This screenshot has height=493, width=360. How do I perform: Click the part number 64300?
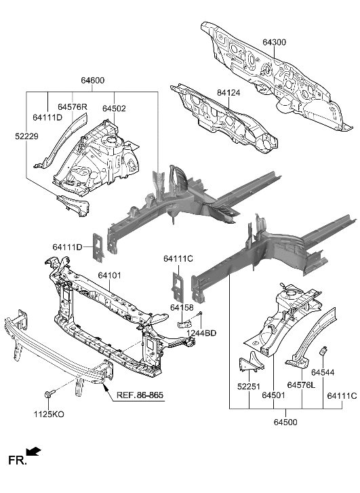(275, 42)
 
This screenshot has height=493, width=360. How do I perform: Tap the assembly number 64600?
(93, 81)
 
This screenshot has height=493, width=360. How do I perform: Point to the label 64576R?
(73, 106)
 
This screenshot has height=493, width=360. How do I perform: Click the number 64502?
(114, 108)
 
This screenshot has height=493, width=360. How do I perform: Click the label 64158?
(182, 308)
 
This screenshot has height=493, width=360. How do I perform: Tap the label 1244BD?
(202, 333)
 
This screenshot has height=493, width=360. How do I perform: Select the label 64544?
(323, 372)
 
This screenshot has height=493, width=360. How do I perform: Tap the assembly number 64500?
(285, 422)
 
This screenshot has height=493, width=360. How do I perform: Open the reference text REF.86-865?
(140, 395)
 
